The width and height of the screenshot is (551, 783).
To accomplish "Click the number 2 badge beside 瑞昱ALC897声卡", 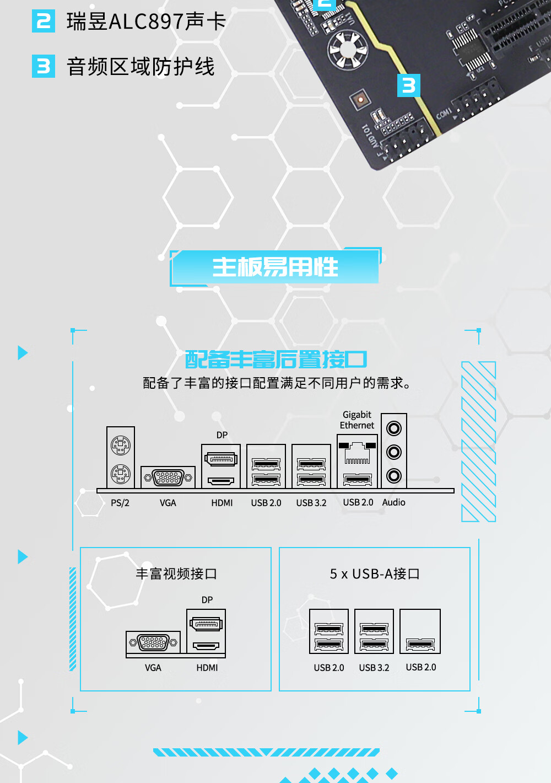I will click(x=44, y=22).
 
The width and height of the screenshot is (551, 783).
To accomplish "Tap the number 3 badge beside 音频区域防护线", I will click(x=44, y=66).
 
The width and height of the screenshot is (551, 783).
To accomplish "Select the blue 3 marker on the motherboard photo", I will click(x=409, y=85).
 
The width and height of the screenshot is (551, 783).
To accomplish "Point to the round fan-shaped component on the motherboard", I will click(x=347, y=49).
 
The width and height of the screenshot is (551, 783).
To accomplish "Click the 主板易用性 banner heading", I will click(x=275, y=267).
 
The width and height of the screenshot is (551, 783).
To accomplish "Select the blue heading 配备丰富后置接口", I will click(x=276, y=360).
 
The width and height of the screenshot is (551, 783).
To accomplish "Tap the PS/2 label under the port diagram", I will click(x=120, y=503).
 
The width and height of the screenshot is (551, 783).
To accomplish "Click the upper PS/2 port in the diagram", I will click(x=121, y=445).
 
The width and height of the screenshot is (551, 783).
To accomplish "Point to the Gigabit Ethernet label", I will click(x=357, y=420).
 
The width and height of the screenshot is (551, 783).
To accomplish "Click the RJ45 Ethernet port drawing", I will click(x=358, y=454).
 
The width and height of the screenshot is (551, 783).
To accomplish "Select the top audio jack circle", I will click(x=394, y=428).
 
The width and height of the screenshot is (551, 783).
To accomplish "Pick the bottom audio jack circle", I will click(x=394, y=475).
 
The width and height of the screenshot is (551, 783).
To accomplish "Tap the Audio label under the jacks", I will click(x=393, y=502).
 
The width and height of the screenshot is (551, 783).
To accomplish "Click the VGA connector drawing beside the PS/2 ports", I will click(x=168, y=478).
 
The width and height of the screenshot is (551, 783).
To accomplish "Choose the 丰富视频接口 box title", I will click(x=176, y=574).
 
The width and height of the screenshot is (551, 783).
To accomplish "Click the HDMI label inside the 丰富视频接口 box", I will click(x=207, y=668).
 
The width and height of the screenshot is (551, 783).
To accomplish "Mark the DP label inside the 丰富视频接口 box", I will click(x=207, y=600).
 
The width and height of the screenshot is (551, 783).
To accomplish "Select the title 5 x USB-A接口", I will click(x=375, y=574).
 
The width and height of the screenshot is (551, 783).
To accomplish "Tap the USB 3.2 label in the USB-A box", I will click(x=374, y=668).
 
